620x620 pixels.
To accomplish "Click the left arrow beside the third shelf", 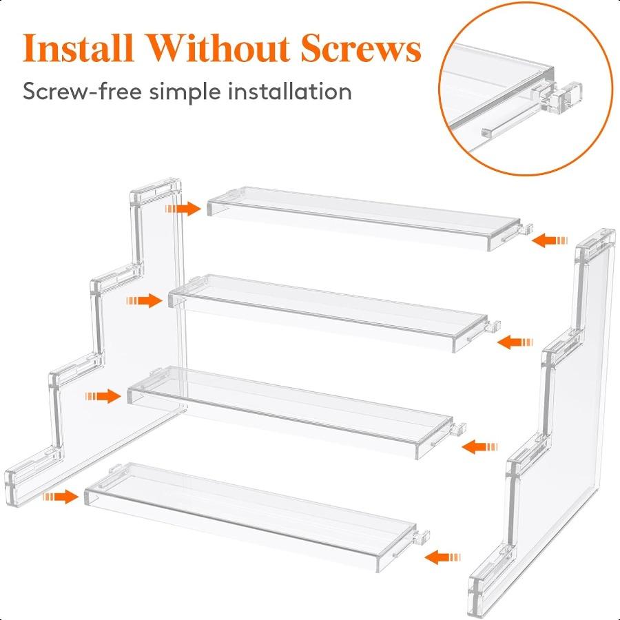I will click(103, 396).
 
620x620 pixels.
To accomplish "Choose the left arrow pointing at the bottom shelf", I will click(60, 496).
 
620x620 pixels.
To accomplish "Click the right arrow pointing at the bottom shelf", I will click(442, 557).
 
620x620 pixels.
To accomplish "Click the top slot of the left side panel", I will click(157, 189).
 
